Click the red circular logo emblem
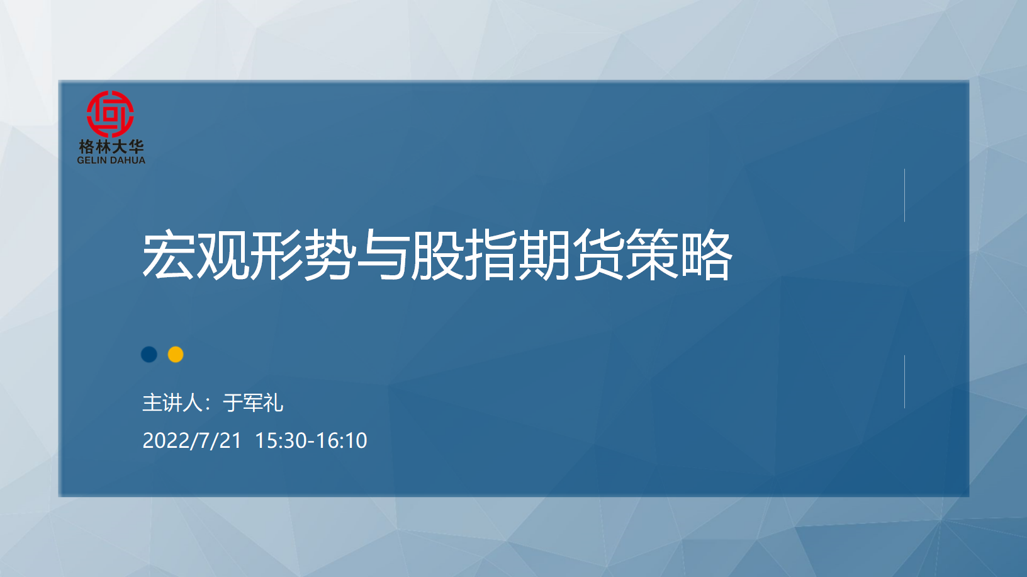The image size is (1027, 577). pos(111,114)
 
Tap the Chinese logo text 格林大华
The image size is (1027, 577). pos(111,147)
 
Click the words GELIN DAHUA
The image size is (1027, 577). pos(111,160)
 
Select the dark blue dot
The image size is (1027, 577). pos(149,355)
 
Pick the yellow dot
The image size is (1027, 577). pos(176,355)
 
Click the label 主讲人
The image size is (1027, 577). pos(172,403)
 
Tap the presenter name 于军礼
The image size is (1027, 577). pos(253,403)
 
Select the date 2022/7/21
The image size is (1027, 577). pos(192,441)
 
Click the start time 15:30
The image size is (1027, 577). pos(281,441)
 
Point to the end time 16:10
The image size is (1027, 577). pos(341,441)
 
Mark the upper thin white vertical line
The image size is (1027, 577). pos(904,195)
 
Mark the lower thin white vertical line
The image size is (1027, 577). pos(904,382)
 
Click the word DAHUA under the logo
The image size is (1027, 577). pos(126,160)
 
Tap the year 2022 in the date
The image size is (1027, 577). pos(166,441)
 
